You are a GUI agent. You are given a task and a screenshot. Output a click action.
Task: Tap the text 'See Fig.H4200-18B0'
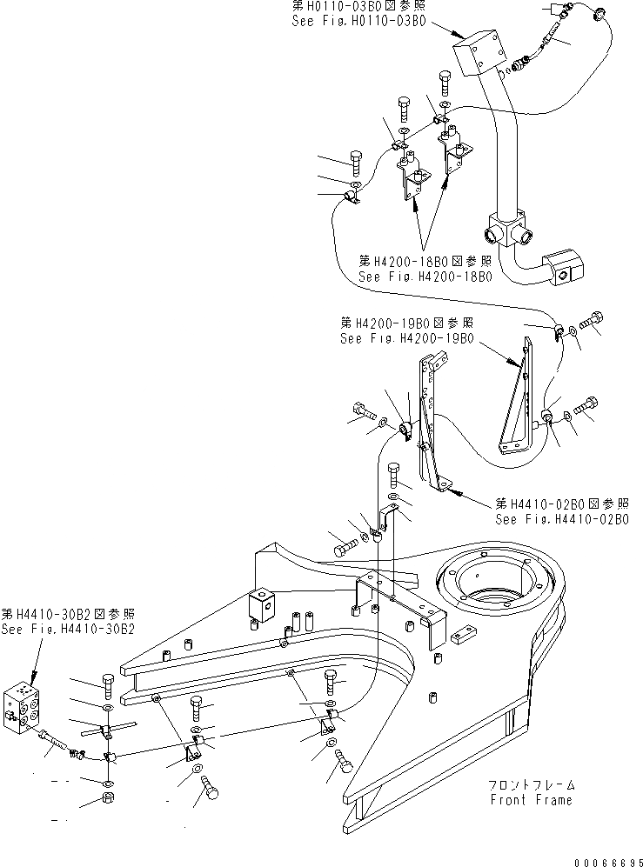(x=425, y=277)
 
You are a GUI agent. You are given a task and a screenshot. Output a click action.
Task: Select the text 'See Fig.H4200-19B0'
(x=407, y=338)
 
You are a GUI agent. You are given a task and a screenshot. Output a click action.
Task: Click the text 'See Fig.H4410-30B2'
(x=68, y=629)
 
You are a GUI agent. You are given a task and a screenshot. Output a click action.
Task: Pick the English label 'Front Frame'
(x=532, y=800)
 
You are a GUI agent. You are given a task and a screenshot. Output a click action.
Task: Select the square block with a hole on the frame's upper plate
(x=262, y=604)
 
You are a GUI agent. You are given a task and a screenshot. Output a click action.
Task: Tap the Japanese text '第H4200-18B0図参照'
(x=425, y=261)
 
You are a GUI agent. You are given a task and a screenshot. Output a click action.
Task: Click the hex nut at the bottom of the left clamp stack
(x=106, y=797)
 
